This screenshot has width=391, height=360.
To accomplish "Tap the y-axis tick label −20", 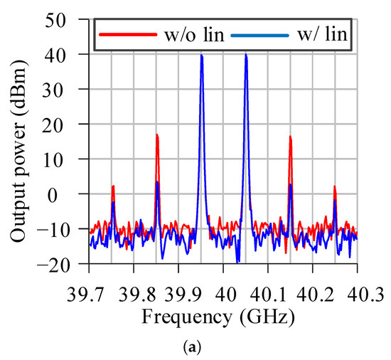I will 64,264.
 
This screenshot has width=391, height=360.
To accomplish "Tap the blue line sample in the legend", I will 259,33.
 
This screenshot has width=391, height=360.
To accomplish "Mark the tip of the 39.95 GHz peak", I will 201,55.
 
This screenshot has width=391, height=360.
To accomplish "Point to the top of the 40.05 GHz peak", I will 246,54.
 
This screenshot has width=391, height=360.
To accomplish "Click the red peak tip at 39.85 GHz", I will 157,134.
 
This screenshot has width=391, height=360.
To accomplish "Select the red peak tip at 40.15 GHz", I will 291,137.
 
